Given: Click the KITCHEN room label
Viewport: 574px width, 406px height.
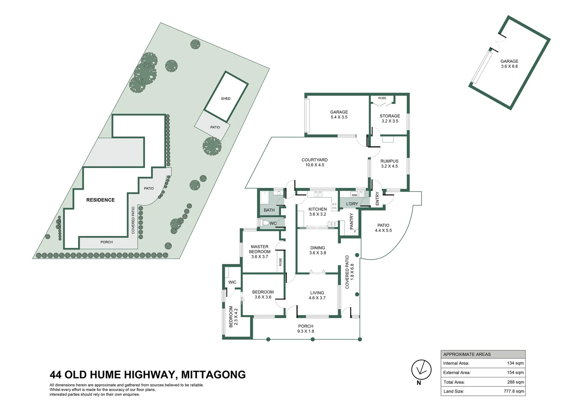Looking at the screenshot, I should tap(317, 209).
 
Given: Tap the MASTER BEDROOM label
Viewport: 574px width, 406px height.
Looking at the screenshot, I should tap(260, 249).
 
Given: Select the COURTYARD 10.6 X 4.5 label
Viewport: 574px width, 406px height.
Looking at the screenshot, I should tap(314, 162).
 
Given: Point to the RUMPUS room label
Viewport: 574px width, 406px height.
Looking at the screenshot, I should tap(389, 161).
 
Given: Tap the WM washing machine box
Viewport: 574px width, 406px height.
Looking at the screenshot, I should tap(354, 195).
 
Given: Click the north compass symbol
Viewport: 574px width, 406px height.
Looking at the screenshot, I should tap(421, 369).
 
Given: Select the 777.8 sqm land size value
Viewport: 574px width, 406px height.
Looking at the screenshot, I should tap(514, 391).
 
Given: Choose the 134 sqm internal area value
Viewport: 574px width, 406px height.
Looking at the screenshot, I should tap(515, 363).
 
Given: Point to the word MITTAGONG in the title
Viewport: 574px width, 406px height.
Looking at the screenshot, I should tap(213, 375).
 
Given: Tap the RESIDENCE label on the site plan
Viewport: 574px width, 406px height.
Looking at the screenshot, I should tap(100, 200).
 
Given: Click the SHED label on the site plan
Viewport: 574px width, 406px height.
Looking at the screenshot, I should tap(225, 98).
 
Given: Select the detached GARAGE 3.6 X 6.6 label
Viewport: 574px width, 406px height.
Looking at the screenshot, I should tap(509, 64).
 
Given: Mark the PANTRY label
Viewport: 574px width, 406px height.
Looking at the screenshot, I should tap(352, 221).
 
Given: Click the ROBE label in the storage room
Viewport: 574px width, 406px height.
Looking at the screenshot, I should tap(382, 98).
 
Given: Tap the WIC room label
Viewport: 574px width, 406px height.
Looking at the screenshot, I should tap(232, 282).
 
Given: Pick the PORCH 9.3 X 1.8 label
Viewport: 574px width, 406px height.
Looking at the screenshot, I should tap(305, 329).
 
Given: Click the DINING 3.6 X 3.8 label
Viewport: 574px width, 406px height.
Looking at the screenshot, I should tap(317, 250).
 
